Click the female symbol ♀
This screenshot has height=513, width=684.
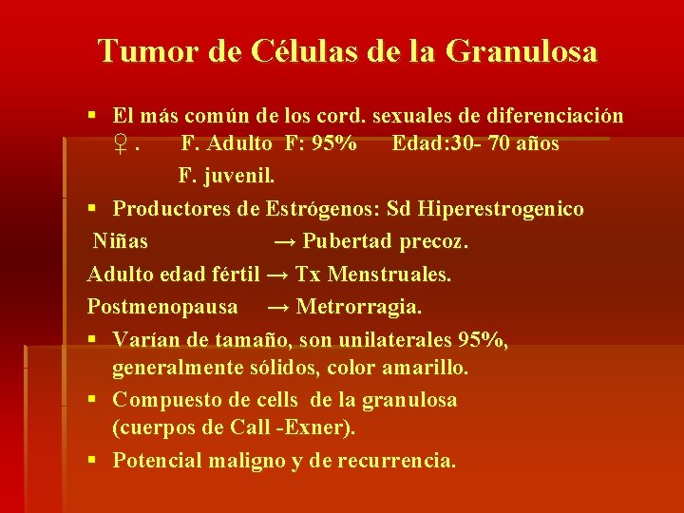point(121,146)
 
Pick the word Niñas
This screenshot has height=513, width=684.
point(120,241)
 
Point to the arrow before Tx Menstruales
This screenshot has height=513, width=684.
point(277,275)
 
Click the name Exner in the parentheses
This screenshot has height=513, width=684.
point(323,427)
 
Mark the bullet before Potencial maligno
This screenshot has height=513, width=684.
point(92,461)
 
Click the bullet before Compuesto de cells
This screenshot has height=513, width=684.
point(92,400)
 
